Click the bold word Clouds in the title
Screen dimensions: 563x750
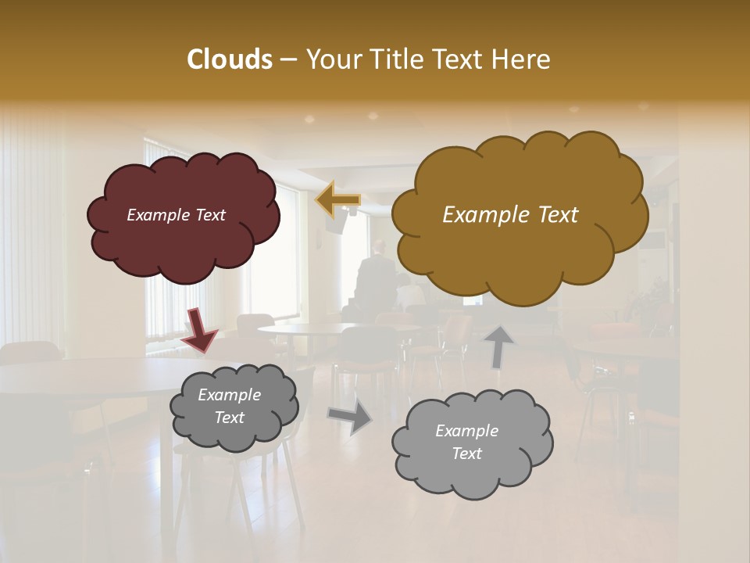229,59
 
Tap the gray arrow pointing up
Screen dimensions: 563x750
498,346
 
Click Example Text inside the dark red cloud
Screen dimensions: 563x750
176,215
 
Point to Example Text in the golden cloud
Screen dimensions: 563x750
510,215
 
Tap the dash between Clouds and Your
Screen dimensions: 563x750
287,60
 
